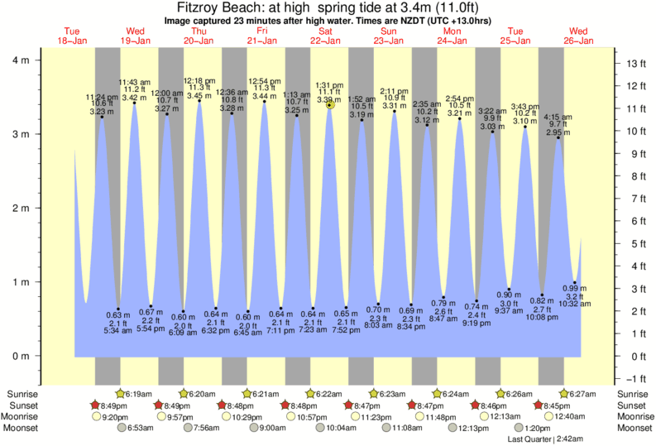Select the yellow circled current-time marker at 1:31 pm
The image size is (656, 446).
[330, 105]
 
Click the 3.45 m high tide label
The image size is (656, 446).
[198, 96]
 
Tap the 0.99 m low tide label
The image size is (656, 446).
[576, 289]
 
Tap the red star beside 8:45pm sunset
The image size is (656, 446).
[539, 405]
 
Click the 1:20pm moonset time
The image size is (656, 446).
[538, 428]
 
